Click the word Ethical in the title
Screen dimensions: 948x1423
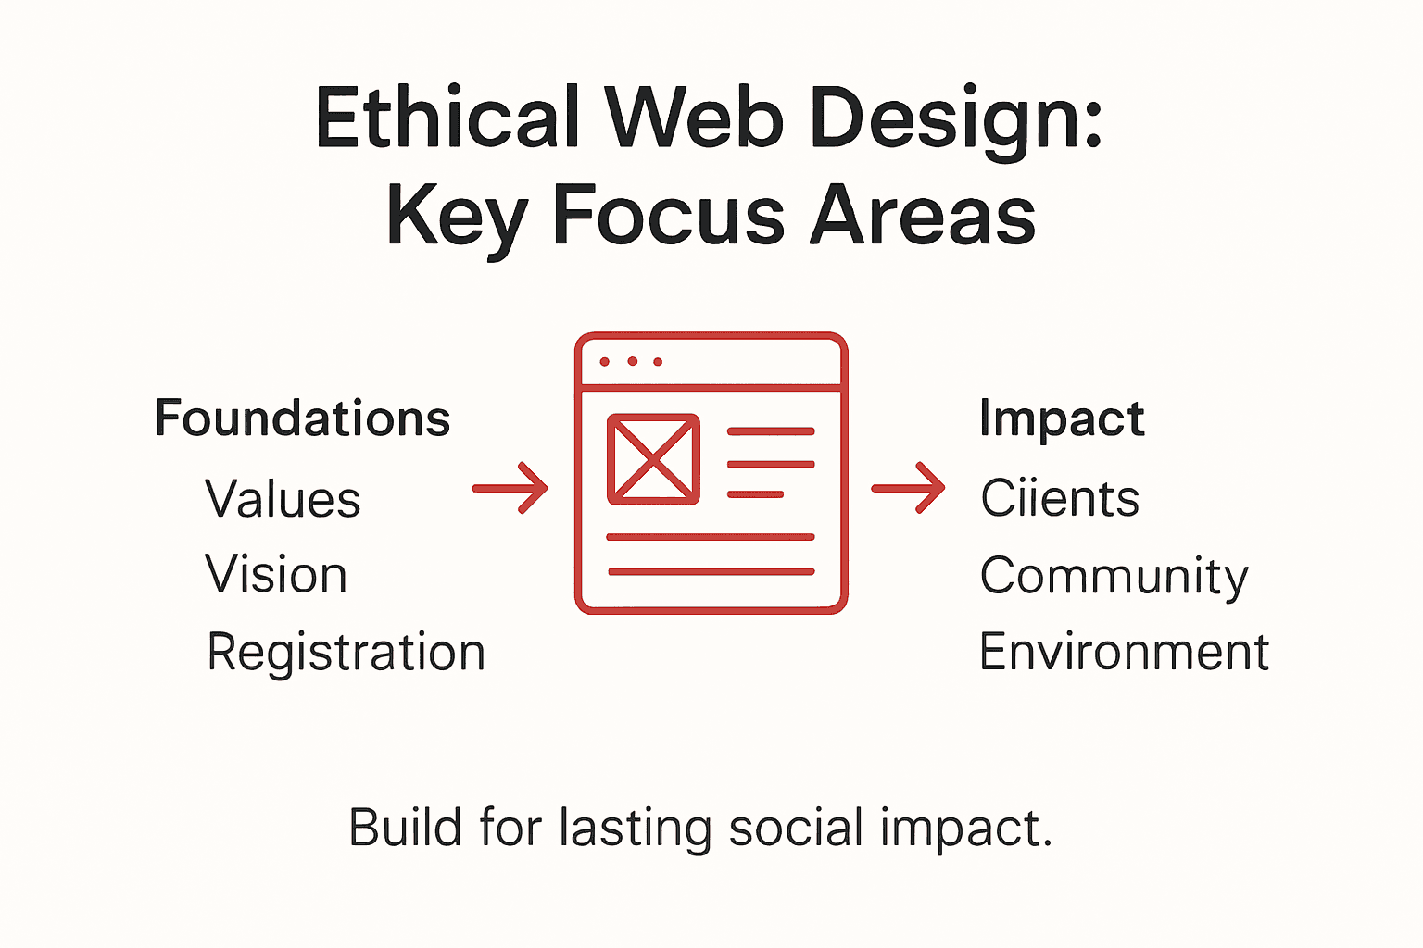(447, 118)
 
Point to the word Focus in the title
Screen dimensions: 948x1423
(669, 217)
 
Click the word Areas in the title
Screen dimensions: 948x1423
(923, 217)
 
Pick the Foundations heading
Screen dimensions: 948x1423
(302, 418)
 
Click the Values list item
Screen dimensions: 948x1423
(283, 500)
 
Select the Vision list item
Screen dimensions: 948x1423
(276, 575)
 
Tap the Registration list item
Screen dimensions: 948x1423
(346, 653)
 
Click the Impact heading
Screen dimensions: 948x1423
(1062, 419)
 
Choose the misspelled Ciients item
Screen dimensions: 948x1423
(1060, 499)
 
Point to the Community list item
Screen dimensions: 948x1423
(1114, 577)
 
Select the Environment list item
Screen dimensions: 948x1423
(1124, 653)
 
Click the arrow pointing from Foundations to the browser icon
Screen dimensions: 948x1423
(510, 487)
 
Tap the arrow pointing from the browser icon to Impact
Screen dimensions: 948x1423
(909, 487)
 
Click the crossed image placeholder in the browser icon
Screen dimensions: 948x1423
(653, 459)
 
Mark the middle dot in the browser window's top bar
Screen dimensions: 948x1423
(632, 361)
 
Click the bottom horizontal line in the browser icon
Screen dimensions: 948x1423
(711, 572)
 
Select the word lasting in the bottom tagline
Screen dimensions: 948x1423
(635, 828)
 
